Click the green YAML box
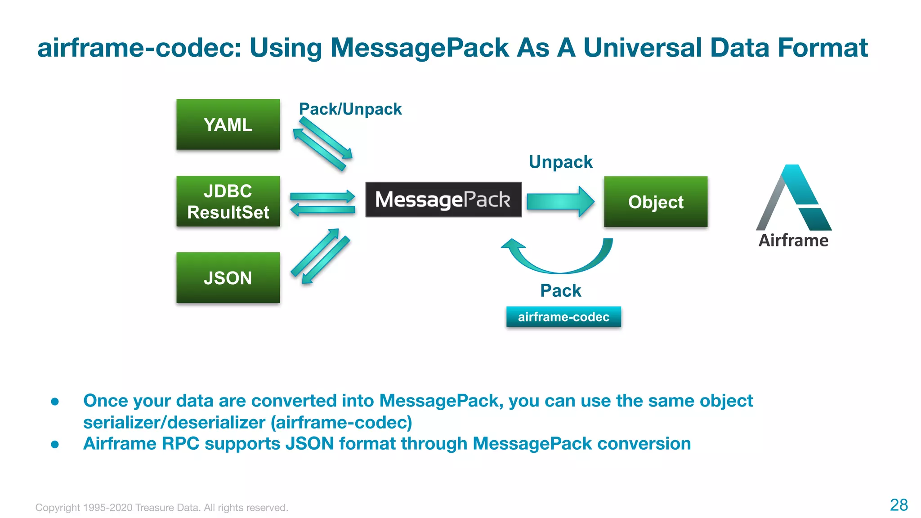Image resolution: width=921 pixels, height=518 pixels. click(228, 125)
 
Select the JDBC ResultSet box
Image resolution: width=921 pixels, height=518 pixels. click(228, 201)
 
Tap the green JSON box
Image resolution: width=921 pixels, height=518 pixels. click(228, 277)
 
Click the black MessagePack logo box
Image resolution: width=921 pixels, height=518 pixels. click(443, 200)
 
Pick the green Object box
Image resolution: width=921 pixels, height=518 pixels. click(655, 202)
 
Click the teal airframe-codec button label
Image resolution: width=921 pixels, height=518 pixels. click(563, 317)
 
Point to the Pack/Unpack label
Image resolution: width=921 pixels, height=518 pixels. click(350, 109)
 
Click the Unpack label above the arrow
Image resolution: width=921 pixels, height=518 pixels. click(560, 162)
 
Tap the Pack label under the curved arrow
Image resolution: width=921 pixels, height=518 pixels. click(560, 291)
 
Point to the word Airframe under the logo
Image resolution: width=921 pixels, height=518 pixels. click(793, 241)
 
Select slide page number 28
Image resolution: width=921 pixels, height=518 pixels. click(899, 505)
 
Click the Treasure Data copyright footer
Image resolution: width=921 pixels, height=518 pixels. click(161, 508)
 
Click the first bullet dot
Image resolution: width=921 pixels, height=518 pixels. click(55, 402)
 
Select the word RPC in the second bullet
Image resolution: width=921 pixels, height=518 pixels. click(180, 444)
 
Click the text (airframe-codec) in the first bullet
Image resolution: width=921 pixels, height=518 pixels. click(341, 423)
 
